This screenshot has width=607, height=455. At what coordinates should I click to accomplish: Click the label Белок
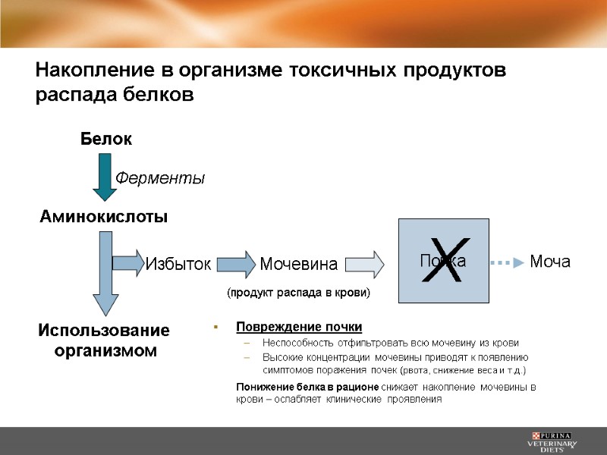[x=106, y=140]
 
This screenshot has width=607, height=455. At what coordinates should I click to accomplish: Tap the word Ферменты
[x=160, y=178]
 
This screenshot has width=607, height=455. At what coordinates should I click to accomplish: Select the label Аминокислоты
[x=103, y=217]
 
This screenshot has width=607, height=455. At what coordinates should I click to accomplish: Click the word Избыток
[x=177, y=264]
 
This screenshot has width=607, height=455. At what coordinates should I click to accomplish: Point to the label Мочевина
[x=298, y=264]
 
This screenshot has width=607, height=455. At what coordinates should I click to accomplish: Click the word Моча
[x=549, y=262]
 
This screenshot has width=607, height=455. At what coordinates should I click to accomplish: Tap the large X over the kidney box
[x=445, y=260]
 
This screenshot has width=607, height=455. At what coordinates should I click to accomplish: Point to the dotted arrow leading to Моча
[x=507, y=262]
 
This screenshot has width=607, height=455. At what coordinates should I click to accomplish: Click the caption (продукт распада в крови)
[x=298, y=291]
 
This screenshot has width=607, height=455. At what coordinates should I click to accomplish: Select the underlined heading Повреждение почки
[x=299, y=327]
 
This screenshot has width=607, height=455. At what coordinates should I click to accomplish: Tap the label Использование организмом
[x=104, y=341]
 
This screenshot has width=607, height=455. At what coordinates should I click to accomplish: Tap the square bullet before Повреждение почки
[x=215, y=328]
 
